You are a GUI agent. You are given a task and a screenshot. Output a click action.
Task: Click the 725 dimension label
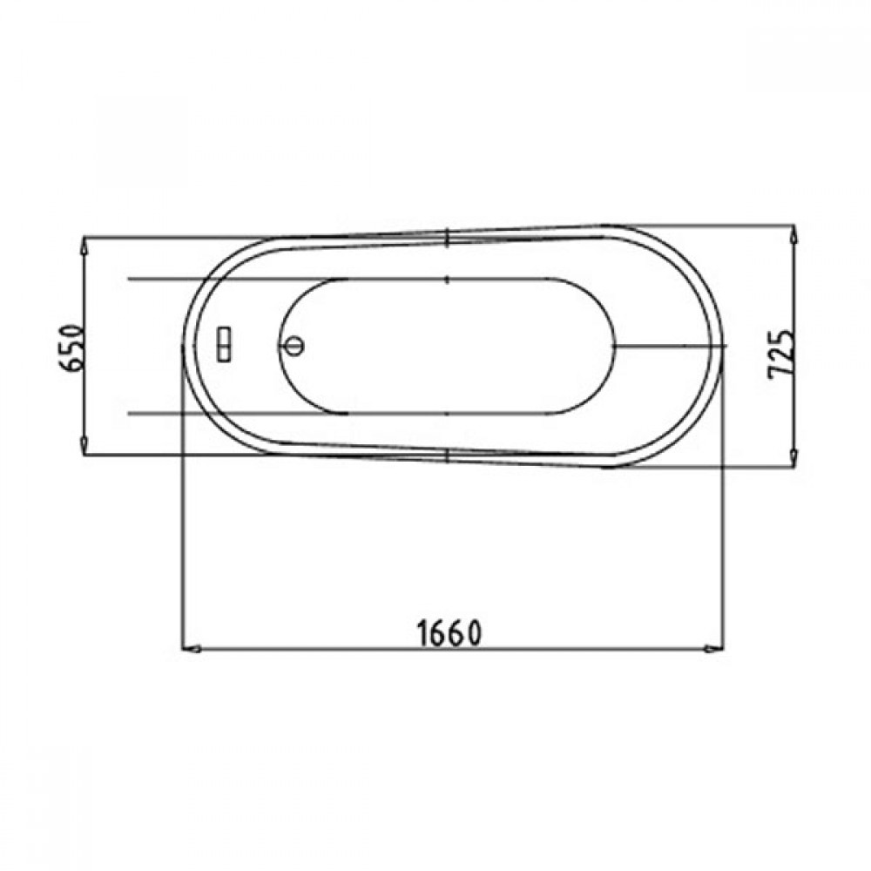click(x=781, y=355)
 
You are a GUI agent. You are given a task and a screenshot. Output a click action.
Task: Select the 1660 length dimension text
click(x=449, y=634)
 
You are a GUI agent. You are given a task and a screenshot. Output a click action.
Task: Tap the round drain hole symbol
click(x=294, y=346)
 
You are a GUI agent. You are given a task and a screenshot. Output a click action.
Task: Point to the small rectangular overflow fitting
click(x=225, y=344)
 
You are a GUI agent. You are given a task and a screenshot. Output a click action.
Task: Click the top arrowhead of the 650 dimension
click(x=84, y=246)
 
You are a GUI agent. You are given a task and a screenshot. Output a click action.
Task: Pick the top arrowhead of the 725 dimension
click(x=793, y=233)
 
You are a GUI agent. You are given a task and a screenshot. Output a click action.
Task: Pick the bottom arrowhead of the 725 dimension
click(x=793, y=457)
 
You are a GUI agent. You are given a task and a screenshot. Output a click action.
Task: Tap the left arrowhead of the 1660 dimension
click(x=192, y=648)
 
